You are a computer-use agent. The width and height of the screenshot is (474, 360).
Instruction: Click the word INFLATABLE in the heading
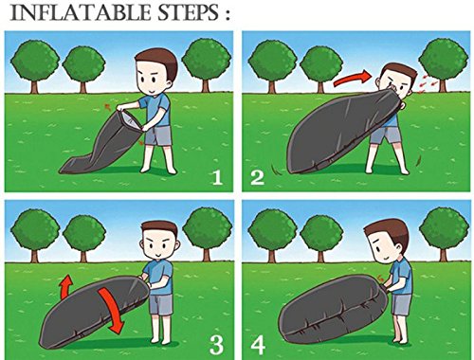click(81, 12)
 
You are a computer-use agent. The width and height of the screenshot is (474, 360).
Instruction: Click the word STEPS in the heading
click(189, 12)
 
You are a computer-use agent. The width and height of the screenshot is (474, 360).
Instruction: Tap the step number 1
click(217, 177)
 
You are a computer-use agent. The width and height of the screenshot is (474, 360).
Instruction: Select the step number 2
click(257, 177)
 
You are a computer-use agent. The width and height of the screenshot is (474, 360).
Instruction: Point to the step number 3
click(217, 345)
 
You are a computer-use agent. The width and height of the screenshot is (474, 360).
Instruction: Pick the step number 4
click(258, 345)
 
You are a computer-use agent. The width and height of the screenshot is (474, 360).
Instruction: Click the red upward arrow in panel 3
click(65, 286)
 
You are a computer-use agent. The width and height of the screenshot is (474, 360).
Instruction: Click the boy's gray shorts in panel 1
click(158, 135)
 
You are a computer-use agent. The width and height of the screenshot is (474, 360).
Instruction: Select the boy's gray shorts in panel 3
click(161, 304)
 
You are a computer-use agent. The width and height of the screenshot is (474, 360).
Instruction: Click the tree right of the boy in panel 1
click(207, 64)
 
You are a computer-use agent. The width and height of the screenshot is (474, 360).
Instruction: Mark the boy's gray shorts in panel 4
click(401, 304)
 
